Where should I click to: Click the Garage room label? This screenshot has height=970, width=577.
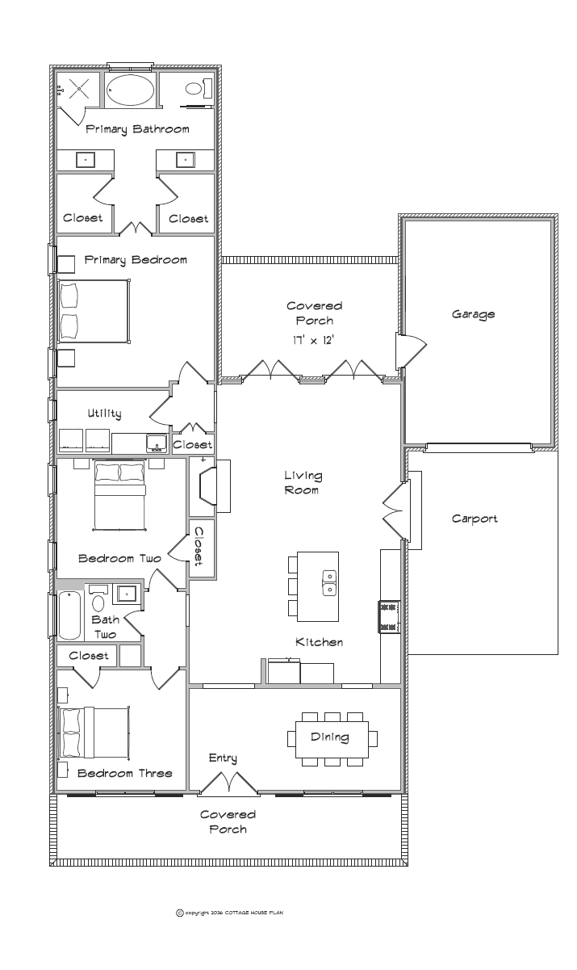pos(473,314)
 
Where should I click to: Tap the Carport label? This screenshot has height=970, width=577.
pos(475,519)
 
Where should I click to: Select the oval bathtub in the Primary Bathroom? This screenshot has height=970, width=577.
pos(130,90)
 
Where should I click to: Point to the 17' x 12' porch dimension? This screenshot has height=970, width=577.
pos(313,340)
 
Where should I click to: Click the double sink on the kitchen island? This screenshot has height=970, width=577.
pos(329,583)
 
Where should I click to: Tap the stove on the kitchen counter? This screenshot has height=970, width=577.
pos(389,616)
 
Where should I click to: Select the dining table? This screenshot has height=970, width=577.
pos(332,739)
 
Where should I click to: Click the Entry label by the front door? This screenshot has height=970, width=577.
pos(223,758)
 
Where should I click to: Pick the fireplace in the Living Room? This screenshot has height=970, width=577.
pos(210,486)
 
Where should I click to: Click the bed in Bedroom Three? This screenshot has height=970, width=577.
pos(94,733)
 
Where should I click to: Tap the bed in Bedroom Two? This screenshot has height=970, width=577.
pos(119,495)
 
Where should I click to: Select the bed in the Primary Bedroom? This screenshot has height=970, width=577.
pos(94,311)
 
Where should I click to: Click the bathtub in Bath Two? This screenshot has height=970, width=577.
pos(69,615)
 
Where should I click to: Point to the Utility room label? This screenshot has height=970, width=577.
pos(104,414)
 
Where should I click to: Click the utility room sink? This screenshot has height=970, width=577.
pos(156,443)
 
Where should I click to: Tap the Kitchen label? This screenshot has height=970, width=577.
pos(320,642)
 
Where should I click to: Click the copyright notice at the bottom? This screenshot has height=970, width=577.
pos(230,913)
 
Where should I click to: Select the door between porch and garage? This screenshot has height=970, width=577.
pos(411,351)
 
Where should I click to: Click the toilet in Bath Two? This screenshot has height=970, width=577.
pos(98,600)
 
